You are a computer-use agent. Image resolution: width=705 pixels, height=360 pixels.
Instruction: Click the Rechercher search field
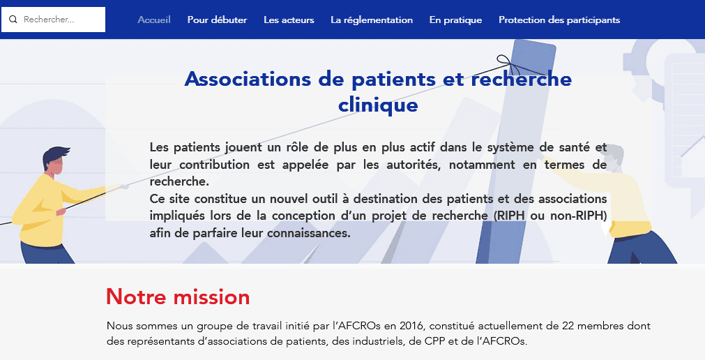pyautogui.click(x=53, y=20)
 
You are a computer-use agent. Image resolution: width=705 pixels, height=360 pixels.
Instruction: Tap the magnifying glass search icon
pyautogui.click(x=13, y=20)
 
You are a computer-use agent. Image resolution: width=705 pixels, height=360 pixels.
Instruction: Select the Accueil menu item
pyautogui.click(x=154, y=20)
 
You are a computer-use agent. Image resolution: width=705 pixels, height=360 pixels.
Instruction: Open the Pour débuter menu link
pyautogui.click(x=217, y=20)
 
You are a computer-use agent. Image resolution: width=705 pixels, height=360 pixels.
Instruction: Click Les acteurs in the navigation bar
pyautogui.click(x=289, y=20)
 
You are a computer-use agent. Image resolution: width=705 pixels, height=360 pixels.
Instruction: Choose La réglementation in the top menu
pyautogui.click(x=372, y=20)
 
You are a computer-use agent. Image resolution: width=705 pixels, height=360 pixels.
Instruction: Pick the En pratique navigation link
pyautogui.click(x=455, y=20)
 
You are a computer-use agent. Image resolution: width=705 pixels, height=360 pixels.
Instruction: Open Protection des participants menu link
pyautogui.click(x=559, y=20)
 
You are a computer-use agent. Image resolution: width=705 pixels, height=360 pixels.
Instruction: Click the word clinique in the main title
pyautogui.click(x=378, y=105)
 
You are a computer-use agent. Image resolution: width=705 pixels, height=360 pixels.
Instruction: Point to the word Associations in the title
pyautogui.click(x=248, y=80)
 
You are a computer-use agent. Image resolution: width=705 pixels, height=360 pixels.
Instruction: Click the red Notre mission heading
pyautogui.click(x=178, y=297)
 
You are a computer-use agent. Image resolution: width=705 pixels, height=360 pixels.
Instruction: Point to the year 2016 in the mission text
pyautogui.click(x=411, y=326)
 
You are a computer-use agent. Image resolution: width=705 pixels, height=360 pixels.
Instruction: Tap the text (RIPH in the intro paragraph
pyautogui.click(x=510, y=216)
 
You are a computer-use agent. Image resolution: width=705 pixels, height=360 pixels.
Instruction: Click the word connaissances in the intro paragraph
pyautogui.click(x=308, y=233)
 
